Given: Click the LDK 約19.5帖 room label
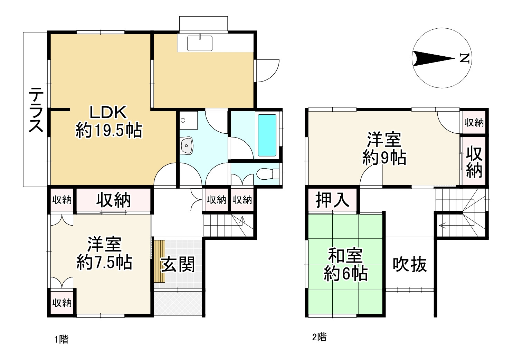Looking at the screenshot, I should point(108,122).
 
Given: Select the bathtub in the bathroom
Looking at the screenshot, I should point(267,135).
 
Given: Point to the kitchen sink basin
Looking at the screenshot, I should point(200,43).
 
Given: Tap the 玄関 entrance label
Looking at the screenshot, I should point(178,264).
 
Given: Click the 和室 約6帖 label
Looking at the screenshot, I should point(345,265).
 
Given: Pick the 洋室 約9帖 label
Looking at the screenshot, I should point(384,149).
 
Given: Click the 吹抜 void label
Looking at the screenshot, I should point(410,265).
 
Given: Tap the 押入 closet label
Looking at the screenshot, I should point(332,200).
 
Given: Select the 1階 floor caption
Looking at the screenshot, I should point(61,339).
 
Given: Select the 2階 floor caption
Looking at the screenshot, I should point(319,337).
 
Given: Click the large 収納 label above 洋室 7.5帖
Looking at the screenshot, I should point(113,200).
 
